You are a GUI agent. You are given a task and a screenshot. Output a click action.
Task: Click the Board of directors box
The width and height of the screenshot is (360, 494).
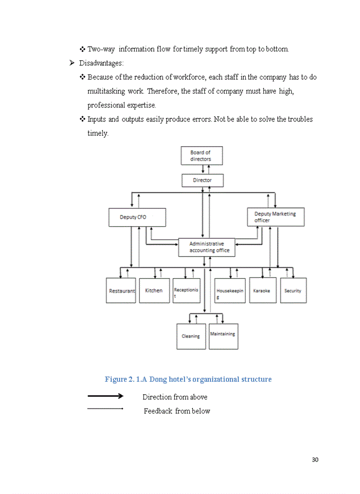pos(202,155)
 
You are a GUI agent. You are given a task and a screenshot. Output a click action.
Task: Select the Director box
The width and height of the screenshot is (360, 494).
pos(202,180)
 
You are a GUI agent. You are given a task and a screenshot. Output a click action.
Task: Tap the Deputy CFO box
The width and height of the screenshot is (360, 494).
pos(137,217)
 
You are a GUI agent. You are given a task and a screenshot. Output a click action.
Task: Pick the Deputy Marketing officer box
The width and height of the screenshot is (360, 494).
pos(275,217)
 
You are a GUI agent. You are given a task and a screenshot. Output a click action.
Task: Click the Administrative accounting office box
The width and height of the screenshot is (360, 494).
pos(207,247)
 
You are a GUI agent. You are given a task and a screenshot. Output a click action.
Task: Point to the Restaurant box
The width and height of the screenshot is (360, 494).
pos(121,291)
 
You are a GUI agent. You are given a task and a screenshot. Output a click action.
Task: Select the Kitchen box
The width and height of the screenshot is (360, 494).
pos(153,291)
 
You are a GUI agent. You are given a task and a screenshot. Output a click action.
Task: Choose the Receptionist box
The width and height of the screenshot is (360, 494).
pos(186,291)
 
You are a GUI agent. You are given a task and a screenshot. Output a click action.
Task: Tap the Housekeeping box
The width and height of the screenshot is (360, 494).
pos(229,291)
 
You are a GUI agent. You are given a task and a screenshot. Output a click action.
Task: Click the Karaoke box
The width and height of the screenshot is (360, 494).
pos(262,291)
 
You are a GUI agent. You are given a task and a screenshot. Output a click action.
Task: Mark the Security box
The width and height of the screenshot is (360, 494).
pos(293,291)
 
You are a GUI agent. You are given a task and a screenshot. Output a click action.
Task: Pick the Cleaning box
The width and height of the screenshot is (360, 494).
pos(191,337)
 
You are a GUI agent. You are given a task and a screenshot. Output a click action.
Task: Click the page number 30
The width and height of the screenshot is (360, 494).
pos(315,460)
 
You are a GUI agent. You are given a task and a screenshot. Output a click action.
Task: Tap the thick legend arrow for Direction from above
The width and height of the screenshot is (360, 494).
pos(105,396)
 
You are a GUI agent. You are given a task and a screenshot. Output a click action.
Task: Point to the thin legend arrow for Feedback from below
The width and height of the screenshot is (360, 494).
pos(105,409)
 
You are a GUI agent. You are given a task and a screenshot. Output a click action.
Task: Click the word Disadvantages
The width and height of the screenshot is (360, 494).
pos(101,63)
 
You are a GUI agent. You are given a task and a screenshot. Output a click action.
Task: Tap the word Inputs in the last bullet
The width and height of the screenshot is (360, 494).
pos(97,119)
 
